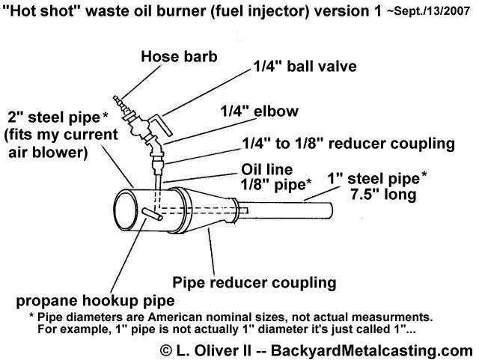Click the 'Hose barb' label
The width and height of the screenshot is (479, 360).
(179, 57)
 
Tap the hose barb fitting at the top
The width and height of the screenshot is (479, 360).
(121, 106)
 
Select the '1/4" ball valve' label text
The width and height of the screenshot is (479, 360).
(305, 67)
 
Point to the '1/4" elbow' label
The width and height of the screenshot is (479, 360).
(260, 111)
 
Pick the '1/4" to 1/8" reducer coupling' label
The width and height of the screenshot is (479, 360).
(349, 144)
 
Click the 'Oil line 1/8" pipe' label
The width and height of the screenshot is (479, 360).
(276, 177)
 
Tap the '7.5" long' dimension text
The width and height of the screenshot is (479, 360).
(383, 195)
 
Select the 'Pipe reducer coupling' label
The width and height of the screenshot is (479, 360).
(254, 282)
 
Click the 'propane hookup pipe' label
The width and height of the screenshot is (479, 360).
(95, 301)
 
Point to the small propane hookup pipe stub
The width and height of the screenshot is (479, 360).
(152, 214)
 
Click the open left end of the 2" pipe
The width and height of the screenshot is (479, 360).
(126, 210)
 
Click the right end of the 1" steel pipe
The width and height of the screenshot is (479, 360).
(330, 210)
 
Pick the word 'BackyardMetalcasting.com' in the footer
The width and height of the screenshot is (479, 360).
(372, 350)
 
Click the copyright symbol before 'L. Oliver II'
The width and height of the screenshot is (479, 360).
(166, 350)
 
